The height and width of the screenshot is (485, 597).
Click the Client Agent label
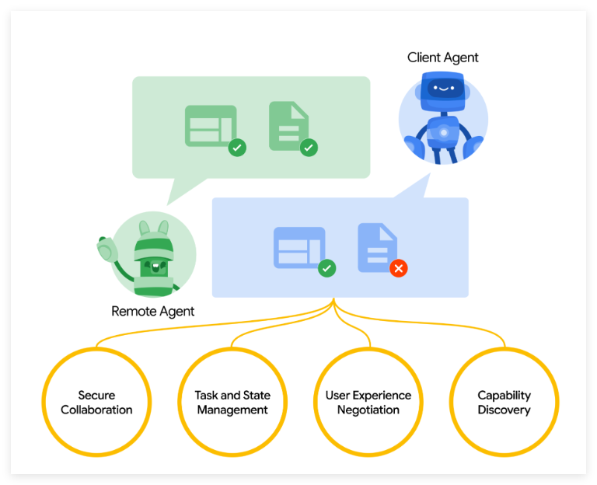click(442, 58)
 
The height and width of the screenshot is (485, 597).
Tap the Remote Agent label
click(152, 312)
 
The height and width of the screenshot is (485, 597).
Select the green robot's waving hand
click(105, 249)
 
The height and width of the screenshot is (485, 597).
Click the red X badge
click(398, 268)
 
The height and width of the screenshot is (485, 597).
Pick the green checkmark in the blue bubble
click(327, 268)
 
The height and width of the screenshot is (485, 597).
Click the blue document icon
click(377, 247)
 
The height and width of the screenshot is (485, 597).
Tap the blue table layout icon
click(298, 247)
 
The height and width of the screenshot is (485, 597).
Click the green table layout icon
click(210, 125)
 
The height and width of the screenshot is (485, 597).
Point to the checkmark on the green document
click(309, 147)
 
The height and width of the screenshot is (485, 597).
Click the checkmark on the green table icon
click(237, 147)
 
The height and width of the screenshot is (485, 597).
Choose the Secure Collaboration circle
click(96, 402)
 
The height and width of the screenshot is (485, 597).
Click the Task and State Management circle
click(232, 402)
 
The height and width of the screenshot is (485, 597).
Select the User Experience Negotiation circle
click(368, 402)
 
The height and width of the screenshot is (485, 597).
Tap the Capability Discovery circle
click(504, 402)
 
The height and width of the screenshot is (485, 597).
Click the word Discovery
click(504, 410)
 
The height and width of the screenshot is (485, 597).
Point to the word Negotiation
click(368, 410)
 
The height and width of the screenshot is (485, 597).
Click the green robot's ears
click(153, 228)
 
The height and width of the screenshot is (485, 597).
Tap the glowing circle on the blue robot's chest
click(443, 132)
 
